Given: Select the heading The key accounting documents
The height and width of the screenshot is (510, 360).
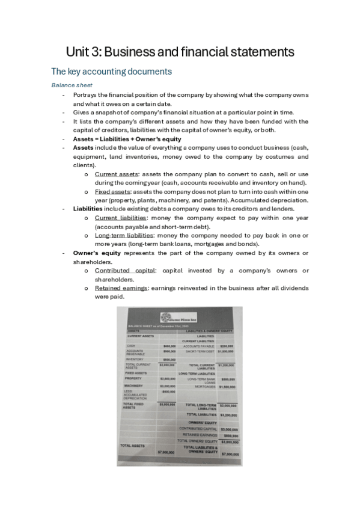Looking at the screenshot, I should (x=111, y=72).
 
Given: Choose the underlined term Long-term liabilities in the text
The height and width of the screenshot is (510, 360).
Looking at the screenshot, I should (x=124, y=235).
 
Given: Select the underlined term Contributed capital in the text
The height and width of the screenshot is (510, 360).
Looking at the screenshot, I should (x=123, y=271).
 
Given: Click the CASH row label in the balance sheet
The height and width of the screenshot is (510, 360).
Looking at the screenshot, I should (x=130, y=346).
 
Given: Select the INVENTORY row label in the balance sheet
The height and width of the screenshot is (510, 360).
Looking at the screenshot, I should (x=134, y=359).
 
